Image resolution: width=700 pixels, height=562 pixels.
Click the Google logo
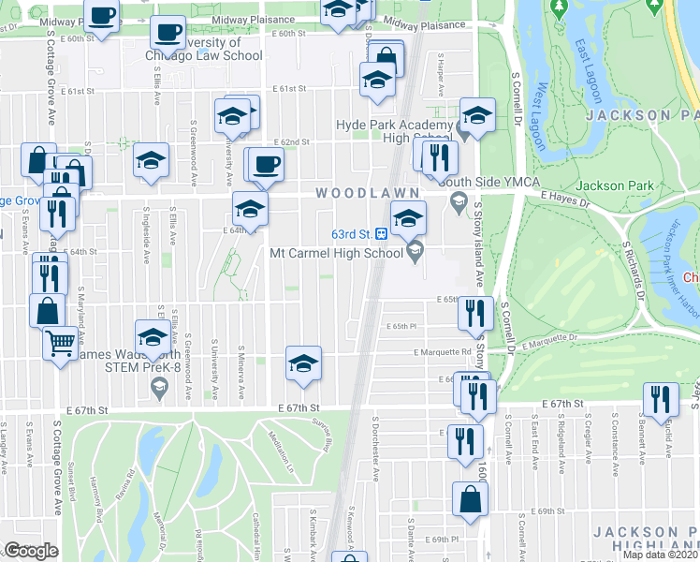tap(31, 551)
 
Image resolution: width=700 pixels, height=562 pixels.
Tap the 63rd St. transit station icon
tap(382, 232)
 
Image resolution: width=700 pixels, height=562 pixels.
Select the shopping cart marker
tap(60, 343)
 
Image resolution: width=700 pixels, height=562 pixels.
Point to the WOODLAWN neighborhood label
tap(357, 192)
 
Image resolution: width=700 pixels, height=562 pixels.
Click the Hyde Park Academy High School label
tap(394, 132)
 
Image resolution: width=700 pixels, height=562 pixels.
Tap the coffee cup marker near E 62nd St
tap(267, 165)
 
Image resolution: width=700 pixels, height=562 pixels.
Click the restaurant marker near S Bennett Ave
tap(661, 400)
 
